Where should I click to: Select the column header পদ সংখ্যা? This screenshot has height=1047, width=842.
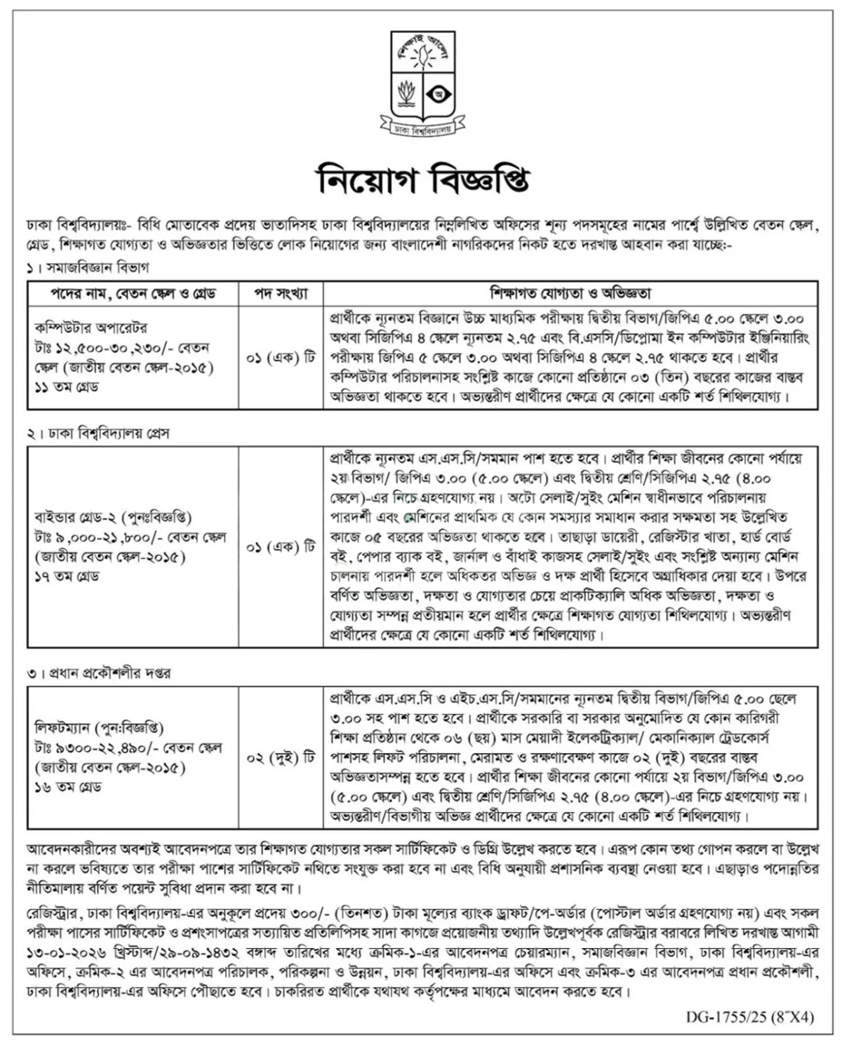[281, 293]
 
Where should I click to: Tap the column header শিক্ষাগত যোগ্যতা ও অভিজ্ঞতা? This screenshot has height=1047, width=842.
[570, 293]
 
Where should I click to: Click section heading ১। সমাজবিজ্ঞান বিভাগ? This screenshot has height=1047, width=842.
[89, 267]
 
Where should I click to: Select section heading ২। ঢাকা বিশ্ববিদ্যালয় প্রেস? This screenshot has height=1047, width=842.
[99, 433]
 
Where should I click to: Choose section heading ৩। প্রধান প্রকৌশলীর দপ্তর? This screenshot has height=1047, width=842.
[100, 673]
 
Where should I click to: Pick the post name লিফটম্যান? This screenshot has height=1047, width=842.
[64, 728]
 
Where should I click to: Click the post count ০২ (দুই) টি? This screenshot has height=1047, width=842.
[281, 757]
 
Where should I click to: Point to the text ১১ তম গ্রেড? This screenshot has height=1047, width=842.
[67, 387]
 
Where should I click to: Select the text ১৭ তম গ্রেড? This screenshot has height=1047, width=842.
[67, 576]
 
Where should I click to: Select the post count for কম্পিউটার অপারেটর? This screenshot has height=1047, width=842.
[281, 358]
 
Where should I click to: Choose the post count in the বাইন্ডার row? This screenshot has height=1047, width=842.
[281, 548]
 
